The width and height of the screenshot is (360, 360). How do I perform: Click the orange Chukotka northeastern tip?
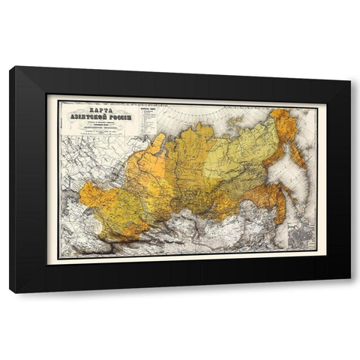(281, 116)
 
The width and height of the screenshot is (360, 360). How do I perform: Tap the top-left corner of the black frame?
(10, 68)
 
